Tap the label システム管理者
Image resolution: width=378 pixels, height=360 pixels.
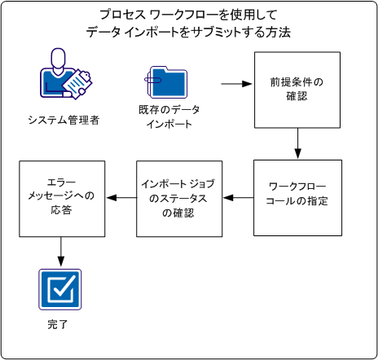click(x=63, y=121)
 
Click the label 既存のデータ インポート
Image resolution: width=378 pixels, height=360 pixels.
click(x=169, y=116)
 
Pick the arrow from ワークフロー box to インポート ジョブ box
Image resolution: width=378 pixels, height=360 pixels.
click(x=237, y=196)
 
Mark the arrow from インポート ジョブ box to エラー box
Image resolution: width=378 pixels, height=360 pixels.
click(x=120, y=196)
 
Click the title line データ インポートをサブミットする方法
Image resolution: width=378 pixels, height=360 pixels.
click(x=188, y=33)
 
